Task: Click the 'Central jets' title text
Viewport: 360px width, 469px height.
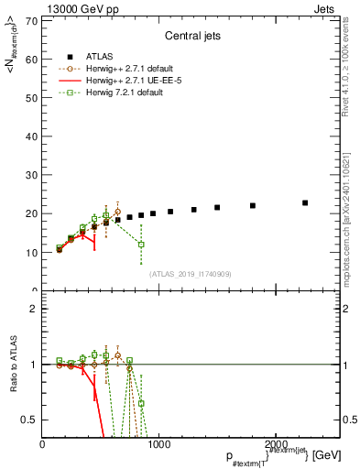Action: (x=190, y=38)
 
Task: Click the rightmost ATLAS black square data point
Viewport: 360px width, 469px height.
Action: (x=305, y=202)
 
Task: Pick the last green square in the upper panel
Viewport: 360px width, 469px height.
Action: (x=141, y=245)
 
